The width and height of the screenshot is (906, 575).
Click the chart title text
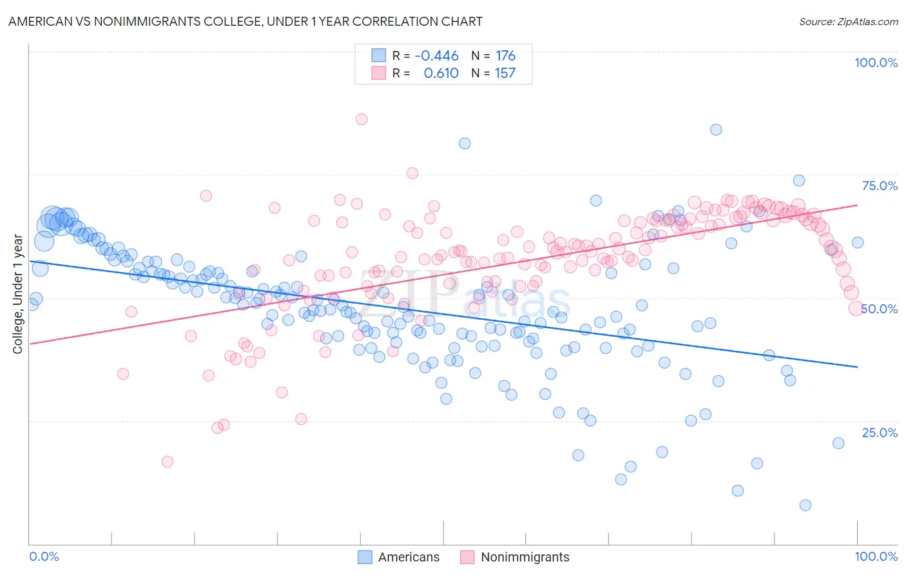tap(245, 21)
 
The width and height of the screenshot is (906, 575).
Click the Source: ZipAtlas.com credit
tap(848, 21)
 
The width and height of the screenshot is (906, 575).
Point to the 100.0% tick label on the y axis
tap(876, 63)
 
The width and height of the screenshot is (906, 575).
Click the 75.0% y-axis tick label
tap(880, 186)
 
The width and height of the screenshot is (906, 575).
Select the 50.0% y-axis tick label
tap(880, 309)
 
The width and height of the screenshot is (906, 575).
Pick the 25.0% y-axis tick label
tap(880, 433)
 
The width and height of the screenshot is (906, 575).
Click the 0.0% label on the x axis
tap(44, 556)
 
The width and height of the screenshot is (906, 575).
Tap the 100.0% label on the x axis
tap(876, 556)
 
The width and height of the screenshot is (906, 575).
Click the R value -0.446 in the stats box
tap(436, 55)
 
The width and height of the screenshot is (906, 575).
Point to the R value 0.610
tap(441, 73)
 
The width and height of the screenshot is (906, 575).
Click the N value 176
tap(505, 55)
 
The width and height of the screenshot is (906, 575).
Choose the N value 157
tap(505, 73)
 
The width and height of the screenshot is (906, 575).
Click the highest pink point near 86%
tap(361, 119)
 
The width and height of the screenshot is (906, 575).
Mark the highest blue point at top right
tap(716, 130)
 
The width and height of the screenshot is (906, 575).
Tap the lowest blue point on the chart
tap(805, 505)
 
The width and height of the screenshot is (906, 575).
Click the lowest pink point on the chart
tap(168, 462)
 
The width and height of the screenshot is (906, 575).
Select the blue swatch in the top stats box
tap(378, 55)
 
